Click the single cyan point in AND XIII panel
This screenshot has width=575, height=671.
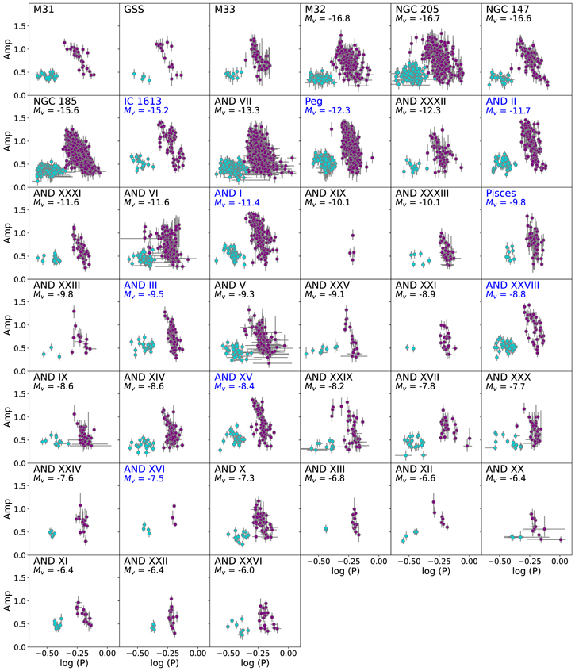(327, 529)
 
